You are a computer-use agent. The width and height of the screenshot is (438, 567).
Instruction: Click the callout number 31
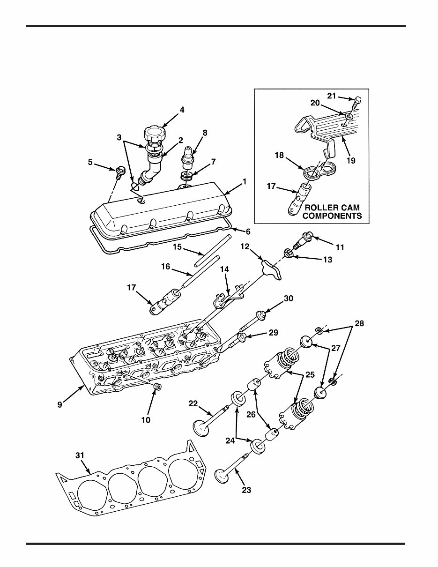click(x=81, y=455)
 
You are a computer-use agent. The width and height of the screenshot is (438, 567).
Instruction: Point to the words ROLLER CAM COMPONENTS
click(x=332, y=211)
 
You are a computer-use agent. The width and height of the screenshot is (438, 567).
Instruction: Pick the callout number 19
click(x=351, y=160)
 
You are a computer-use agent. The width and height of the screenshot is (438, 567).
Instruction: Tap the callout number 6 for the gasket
click(x=248, y=231)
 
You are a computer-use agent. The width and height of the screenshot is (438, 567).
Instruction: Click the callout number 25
click(x=310, y=375)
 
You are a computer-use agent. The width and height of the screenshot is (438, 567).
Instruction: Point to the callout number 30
click(x=288, y=298)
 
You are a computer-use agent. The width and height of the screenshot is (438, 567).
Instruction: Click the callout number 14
click(x=225, y=269)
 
